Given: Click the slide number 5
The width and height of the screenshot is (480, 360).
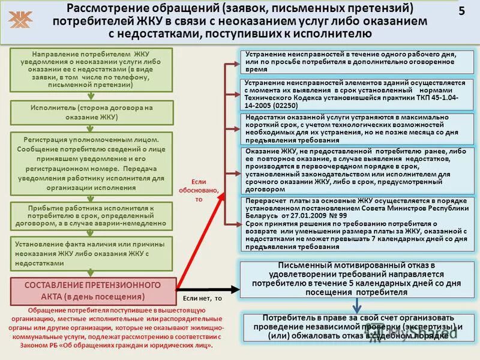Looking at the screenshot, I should (461, 12).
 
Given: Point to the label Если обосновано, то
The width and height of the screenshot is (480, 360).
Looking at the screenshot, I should (199, 190).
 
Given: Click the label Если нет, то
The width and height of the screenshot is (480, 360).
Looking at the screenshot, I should (202, 298).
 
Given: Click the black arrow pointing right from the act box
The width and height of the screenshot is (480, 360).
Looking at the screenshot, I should (207, 289).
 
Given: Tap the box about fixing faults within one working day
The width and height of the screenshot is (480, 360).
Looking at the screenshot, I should (358, 62).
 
